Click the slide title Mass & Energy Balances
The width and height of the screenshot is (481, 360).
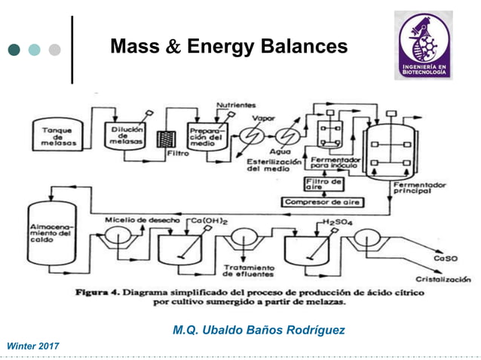pos(228,47)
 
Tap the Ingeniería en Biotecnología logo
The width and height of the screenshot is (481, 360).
pos(423,46)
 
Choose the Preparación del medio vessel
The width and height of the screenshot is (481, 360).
pos(205,136)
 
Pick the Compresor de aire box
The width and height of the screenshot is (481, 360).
pos(322,202)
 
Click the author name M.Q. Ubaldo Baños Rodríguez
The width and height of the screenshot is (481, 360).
pos(259,330)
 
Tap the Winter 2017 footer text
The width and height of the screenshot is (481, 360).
pos(33,345)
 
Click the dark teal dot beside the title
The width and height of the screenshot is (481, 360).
pos(14,50)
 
